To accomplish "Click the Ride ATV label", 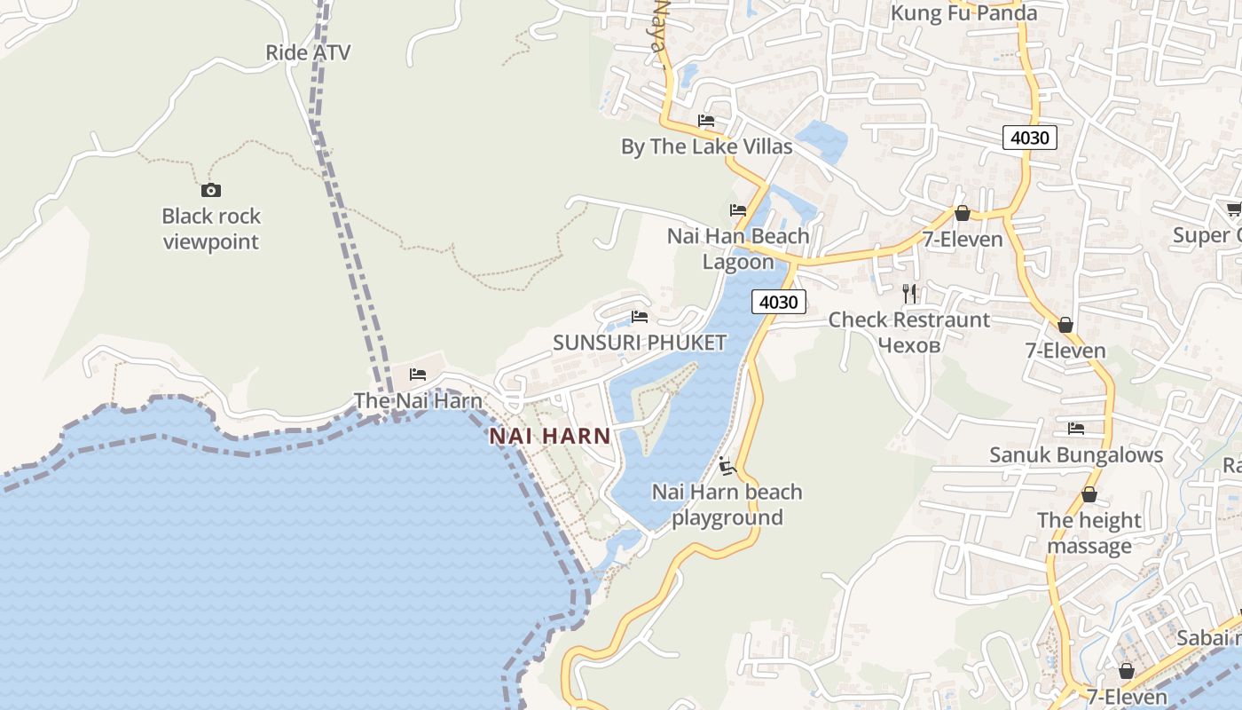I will pyautogui.click(x=308, y=52).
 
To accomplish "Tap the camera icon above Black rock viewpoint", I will pyautogui.click(x=210, y=190).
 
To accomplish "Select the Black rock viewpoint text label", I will pyautogui.click(x=211, y=229).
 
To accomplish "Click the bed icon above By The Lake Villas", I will pyautogui.click(x=706, y=121).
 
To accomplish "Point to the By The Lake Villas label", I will pyautogui.click(x=706, y=146).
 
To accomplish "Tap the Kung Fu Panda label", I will pyautogui.click(x=963, y=13).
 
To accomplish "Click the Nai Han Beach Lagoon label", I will pyautogui.click(x=738, y=248).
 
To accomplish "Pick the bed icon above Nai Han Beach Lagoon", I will pyautogui.click(x=738, y=210).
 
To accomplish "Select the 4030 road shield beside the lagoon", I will pyautogui.click(x=779, y=302).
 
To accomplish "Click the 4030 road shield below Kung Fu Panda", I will pyautogui.click(x=1029, y=138).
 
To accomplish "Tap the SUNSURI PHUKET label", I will pyautogui.click(x=640, y=343).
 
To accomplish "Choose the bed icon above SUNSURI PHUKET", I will pyautogui.click(x=640, y=317).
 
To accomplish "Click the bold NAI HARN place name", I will pyautogui.click(x=550, y=436).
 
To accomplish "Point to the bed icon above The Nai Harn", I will pyautogui.click(x=418, y=375).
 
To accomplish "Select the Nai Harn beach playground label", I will pyautogui.click(x=727, y=504).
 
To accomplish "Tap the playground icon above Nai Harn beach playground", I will pyautogui.click(x=727, y=465).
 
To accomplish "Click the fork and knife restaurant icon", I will pyautogui.click(x=909, y=294).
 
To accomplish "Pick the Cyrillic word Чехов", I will pyautogui.click(x=908, y=344).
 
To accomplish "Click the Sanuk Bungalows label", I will pyautogui.click(x=1076, y=455).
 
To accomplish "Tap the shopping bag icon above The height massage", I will pyautogui.click(x=1089, y=494).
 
